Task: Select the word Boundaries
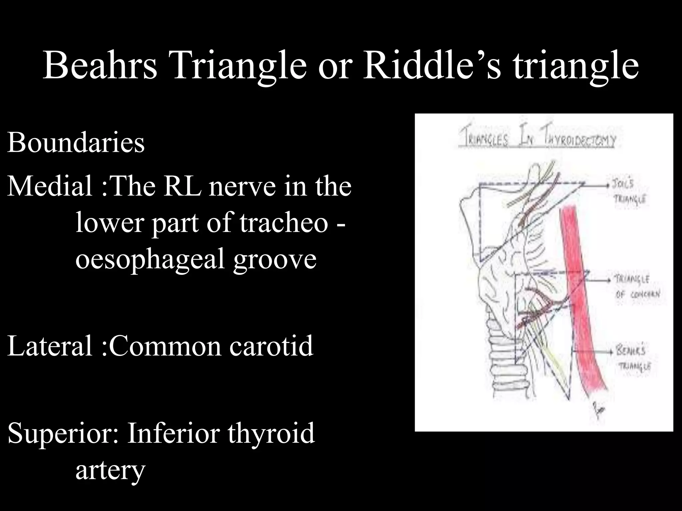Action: point(76,142)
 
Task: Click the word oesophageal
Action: point(150,260)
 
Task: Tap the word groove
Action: point(275,260)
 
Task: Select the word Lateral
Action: point(50,346)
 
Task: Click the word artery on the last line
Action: point(110,470)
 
